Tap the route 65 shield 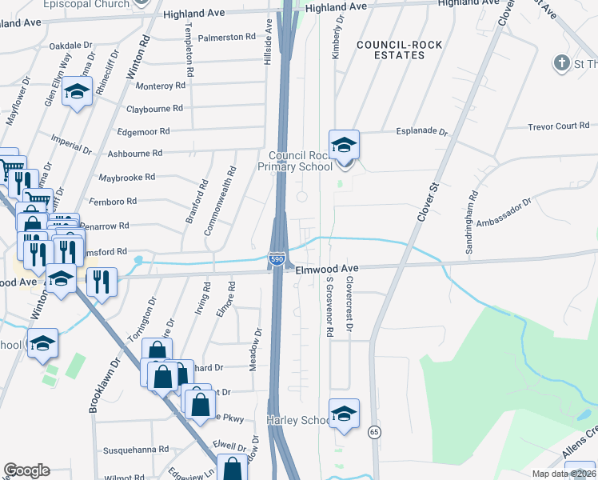[373, 432]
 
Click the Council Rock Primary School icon [344, 146]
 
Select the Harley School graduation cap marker [344, 414]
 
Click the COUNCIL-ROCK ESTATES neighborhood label [390, 50]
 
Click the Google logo [26, 470]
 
